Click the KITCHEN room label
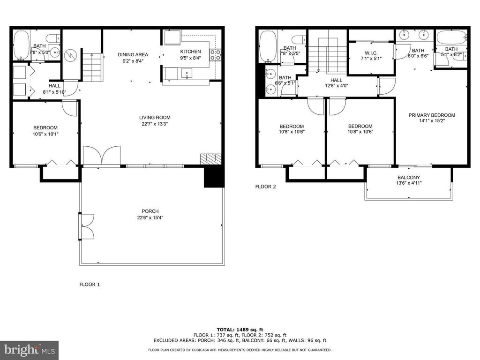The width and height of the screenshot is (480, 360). [x=190, y=52]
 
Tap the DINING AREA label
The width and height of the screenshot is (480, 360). [x=133, y=54]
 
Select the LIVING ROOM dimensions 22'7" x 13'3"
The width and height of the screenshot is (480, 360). [x=155, y=124]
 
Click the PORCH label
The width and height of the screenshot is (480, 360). [x=150, y=211]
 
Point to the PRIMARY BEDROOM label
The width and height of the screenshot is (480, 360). [x=432, y=115]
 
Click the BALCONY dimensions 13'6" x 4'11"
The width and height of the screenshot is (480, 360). [x=409, y=183]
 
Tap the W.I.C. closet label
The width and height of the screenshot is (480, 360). [x=371, y=53]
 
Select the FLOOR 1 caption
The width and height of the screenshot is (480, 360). [x=90, y=285]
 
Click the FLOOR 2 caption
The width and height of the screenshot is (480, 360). [x=265, y=187]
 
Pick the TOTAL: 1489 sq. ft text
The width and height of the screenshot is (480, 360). [x=240, y=330]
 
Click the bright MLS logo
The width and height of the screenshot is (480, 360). [x=30, y=350]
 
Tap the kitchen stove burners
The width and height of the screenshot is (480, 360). [x=215, y=54]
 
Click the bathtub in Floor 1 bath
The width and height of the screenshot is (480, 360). [x=21, y=45]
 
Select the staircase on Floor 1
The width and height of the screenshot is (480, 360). [x=92, y=67]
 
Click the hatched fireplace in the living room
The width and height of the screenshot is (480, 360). [x=210, y=158]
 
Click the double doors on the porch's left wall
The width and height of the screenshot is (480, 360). [x=87, y=226]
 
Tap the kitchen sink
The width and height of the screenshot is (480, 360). [x=186, y=74]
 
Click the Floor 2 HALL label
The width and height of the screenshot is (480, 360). [x=336, y=80]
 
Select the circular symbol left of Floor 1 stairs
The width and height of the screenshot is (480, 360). [x=71, y=56]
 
